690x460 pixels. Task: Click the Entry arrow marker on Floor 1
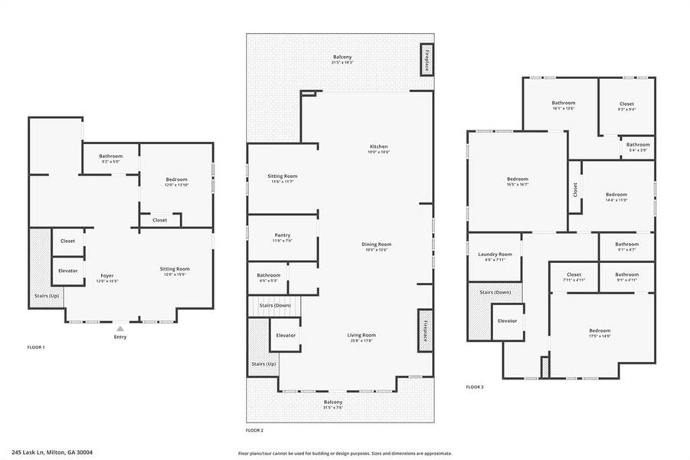point(119,328)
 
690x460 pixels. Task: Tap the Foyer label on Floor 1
point(107,278)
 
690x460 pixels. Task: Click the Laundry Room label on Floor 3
point(494,256)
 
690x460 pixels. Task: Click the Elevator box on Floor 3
point(508,320)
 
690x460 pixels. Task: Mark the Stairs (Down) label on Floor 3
point(495,292)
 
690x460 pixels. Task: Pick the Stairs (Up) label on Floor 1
point(46,295)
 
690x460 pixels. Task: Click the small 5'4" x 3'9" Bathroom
point(637,146)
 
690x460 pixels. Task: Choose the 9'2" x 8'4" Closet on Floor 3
point(626,106)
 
